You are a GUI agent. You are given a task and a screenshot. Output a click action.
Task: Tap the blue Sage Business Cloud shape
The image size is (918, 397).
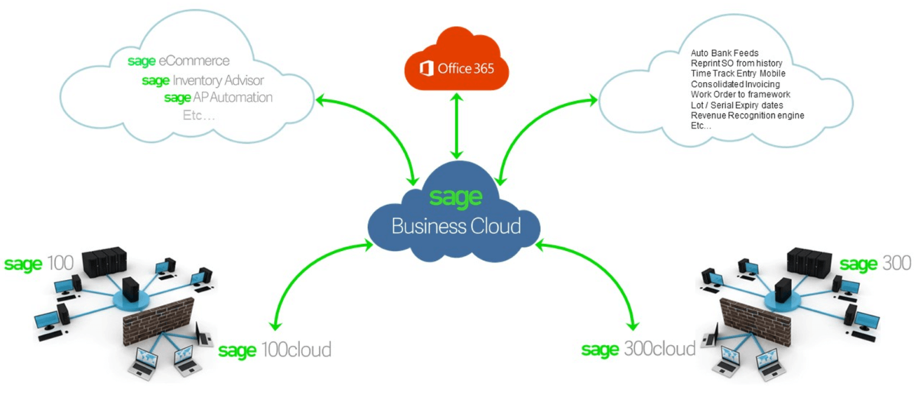456,215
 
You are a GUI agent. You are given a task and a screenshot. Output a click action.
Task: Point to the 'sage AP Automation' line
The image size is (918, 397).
218,98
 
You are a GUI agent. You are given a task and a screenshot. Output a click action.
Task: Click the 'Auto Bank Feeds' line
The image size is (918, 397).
724,52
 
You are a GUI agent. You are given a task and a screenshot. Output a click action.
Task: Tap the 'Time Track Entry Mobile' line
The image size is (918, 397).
737,73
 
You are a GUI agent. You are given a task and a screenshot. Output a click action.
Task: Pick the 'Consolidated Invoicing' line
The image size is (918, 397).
734,83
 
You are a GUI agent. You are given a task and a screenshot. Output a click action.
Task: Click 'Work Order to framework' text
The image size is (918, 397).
740,94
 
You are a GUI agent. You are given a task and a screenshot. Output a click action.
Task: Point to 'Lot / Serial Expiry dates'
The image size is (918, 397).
736,105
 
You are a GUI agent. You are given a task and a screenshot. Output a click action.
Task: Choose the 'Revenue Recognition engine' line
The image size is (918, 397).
747,116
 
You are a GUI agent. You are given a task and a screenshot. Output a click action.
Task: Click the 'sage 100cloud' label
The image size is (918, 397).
275,350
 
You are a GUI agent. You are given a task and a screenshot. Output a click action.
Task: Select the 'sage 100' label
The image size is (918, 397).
39,264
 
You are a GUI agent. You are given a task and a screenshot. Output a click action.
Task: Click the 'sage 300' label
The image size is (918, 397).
875,264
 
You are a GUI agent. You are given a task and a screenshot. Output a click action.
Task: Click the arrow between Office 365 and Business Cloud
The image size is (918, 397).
457,127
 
